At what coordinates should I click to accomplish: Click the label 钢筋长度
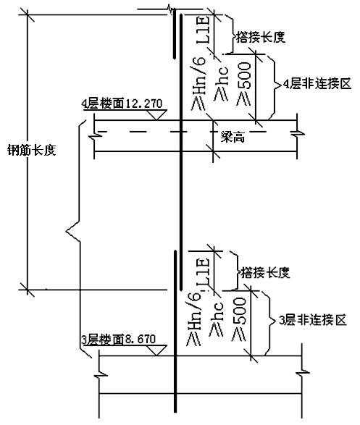tap(31, 150)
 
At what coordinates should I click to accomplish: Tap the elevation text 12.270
tap(144, 104)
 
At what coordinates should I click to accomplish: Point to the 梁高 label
tap(233, 138)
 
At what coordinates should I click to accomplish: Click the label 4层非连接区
tap(317, 84)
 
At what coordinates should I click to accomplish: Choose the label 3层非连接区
tap(313, 320)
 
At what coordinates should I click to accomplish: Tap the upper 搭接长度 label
tap(261, 37)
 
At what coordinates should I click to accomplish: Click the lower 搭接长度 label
tap(265, 272)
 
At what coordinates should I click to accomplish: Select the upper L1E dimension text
tap(203, 30)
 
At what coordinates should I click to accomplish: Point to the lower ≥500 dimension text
tap(240, 319)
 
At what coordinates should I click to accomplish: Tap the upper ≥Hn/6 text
tap(198, 83)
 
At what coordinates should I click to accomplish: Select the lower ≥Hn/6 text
tap(194, 319)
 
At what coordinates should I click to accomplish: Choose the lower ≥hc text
tap(217, 319)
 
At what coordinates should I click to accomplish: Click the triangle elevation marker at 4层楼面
tap(156, 114)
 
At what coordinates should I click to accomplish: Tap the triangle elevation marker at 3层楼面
tap(156, 350)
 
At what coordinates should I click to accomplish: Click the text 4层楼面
tap(103, 104)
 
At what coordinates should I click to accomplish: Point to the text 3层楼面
tap(102, 339)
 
